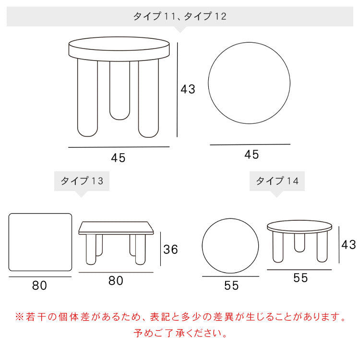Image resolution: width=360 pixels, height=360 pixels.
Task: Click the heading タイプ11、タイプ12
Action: click(x=180, y=16)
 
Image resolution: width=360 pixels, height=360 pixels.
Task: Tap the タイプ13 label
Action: click(x=82, y=181)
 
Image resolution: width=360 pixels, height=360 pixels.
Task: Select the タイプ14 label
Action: click(x=277, y=181)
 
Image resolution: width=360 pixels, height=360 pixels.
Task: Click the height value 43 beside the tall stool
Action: click(x=188, y=89)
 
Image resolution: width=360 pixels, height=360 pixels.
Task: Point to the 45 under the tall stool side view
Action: click(x=118, y=158)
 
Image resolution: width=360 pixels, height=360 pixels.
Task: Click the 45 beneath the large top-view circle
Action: click(x=252, y=155)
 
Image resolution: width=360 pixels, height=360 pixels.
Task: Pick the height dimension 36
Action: click(x=170, y=249)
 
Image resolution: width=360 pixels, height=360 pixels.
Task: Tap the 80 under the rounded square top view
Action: click(x=39, y=286)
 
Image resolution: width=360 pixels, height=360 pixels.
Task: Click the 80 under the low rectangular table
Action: click(x=116, y=281)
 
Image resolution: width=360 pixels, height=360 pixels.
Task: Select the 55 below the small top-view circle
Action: click(x=231, y=286)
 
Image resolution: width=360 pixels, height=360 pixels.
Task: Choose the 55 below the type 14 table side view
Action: click(x=300, y=278)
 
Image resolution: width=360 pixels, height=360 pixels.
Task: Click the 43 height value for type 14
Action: click(x=348, y=244)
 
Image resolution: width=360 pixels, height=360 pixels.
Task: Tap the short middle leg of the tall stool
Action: click(x=120, y=90)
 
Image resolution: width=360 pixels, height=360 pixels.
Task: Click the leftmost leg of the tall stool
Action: click(x=87, y=97)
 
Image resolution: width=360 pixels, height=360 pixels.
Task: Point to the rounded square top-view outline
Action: click(x=9, y=242)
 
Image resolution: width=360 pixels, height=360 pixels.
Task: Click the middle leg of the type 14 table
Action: click(x=300, y=243)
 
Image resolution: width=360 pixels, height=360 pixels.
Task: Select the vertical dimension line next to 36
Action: click(x=160, y=249)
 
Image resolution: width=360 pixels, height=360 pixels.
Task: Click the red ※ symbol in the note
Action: click(x=19, y=317)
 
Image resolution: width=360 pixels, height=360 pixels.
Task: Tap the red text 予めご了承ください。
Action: click(x=180, y=333)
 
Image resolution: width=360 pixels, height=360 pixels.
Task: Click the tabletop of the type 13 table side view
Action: click(x=116, y=228)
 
